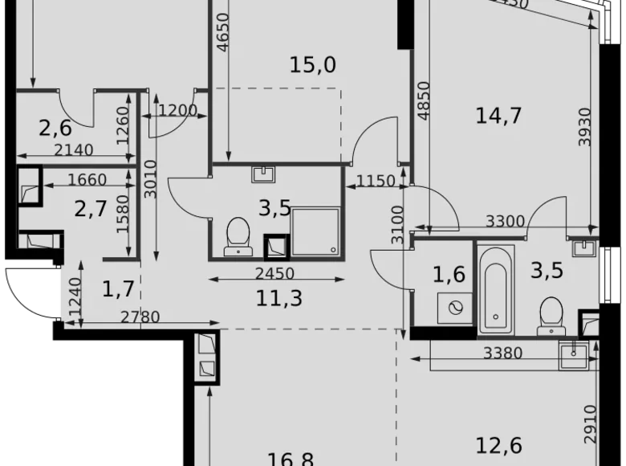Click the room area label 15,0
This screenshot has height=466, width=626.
(x=312, y=65)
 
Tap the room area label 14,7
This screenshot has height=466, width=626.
(x=498, y=116)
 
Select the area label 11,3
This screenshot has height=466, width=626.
(x=274, y=300)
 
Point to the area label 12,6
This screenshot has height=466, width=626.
(x=498, y=444)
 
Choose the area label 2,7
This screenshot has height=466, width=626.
(x=91, y=211)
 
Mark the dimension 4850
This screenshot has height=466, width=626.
(x=424, y=100)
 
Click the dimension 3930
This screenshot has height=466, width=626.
(x=585, y=126)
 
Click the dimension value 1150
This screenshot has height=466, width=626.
(x=375, y=182)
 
